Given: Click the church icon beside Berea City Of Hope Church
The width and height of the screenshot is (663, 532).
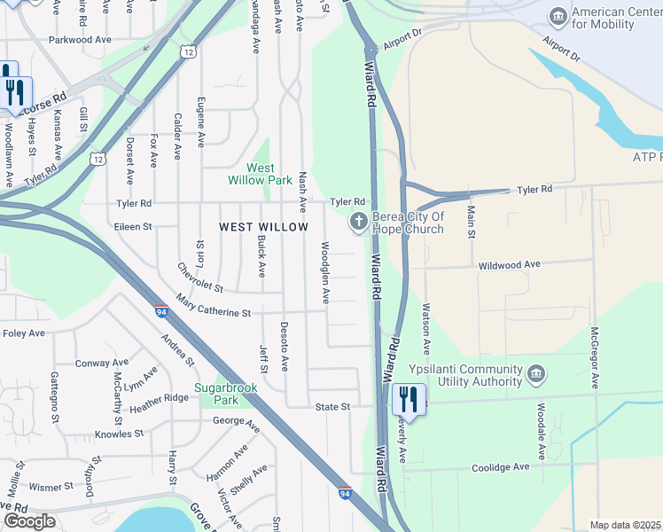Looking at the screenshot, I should (x=360, y=222).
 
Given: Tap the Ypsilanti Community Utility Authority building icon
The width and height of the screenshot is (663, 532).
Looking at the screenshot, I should (x=535, y=374).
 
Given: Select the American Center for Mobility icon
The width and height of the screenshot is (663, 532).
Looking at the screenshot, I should (x=558, y=17).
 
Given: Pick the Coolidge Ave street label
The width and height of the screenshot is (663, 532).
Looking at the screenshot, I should (x=500, y=467).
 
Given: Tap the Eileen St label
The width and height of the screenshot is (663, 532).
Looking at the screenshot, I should (x=133, y=226).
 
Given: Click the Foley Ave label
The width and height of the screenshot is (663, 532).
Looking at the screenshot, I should (x=24, y=333).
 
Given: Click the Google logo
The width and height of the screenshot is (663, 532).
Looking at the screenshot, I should (x=29, y=521).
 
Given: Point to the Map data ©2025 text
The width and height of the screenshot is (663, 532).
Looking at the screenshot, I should (x=626, y=525).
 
